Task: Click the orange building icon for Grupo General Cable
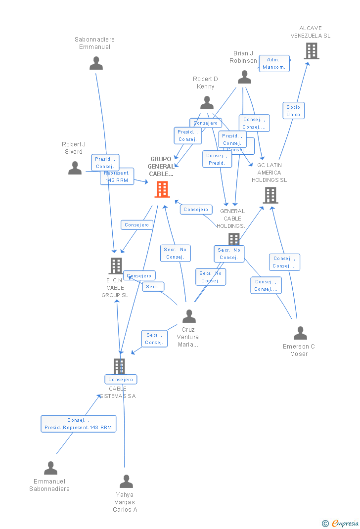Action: coord(162,189)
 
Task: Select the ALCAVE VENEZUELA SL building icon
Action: coord(311,51)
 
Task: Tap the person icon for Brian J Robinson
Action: coord(244,77)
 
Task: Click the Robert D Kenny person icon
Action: coord(207,103)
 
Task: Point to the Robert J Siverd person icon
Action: coord(75,168)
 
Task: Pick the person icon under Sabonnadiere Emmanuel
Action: coord(96,63)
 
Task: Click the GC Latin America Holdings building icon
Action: coord(270,195)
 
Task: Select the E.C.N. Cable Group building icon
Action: coord(116,266)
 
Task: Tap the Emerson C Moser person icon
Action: coord(300,333)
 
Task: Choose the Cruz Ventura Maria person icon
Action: coord(189,316)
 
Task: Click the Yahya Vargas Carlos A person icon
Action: coord(126,481)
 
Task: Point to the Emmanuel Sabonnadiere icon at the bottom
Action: coord(50,468)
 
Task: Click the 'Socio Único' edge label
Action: coord(293,111)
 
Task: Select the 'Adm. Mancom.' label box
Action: coord(274,63)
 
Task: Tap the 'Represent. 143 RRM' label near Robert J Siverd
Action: coord(117,177)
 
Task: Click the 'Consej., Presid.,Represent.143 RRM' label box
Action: coord(78,424)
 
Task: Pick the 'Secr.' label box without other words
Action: coord(153,287)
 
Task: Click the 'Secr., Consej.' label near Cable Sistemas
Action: coord(154,339)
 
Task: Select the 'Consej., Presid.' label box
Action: coord(217,159)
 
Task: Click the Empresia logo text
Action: coord(345,523)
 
